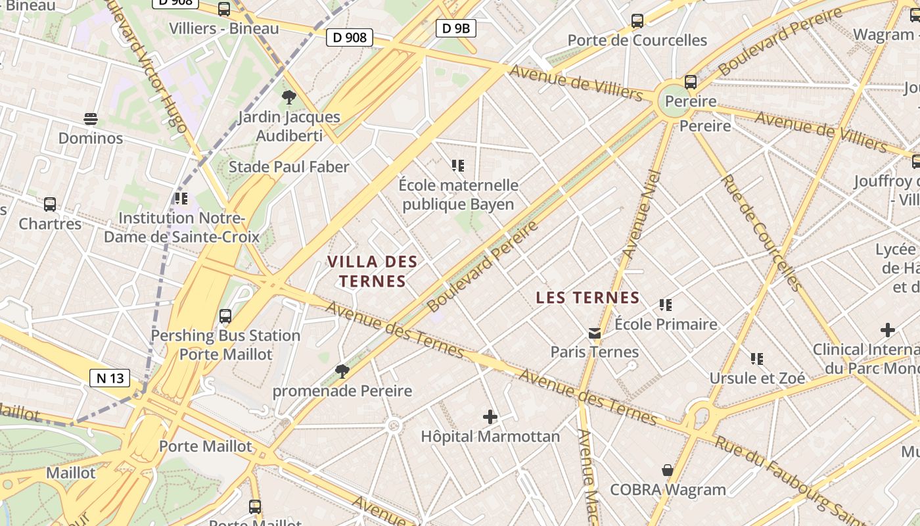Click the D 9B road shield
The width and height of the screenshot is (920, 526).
(x=455, y=28)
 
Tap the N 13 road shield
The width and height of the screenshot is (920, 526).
(x=110, y=378)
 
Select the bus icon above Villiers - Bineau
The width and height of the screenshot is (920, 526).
(x=224, y=9)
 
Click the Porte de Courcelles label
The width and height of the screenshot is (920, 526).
(x=637, y=40)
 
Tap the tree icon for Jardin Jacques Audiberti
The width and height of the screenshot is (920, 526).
(x=288, y=98)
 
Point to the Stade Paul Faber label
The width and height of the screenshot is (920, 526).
(x=288, y=167)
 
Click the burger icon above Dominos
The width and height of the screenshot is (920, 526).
(x=91, y=119)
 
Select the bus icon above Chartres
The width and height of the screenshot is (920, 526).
(x=50, y=204)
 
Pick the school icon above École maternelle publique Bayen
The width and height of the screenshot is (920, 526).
(x=458, y=166)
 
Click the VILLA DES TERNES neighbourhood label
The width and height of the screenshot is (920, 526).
(x=373, y=272)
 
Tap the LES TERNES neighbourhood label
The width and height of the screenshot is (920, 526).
(x=587, y=298)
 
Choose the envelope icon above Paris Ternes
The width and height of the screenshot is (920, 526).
(x=595, y=333)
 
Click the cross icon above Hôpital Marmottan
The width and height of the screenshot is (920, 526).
(x=490, y=417)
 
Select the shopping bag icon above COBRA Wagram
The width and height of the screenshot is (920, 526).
(x=668, y=470)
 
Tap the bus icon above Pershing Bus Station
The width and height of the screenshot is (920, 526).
(x=225, y=316)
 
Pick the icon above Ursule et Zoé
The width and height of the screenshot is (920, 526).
(x=757, y=359)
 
